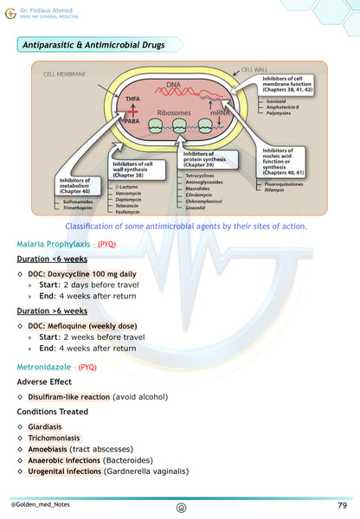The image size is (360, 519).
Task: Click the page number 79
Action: (343, 503)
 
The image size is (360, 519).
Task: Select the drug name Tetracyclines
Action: (202, 175)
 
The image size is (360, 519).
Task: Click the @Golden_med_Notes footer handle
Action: (40, 503)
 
